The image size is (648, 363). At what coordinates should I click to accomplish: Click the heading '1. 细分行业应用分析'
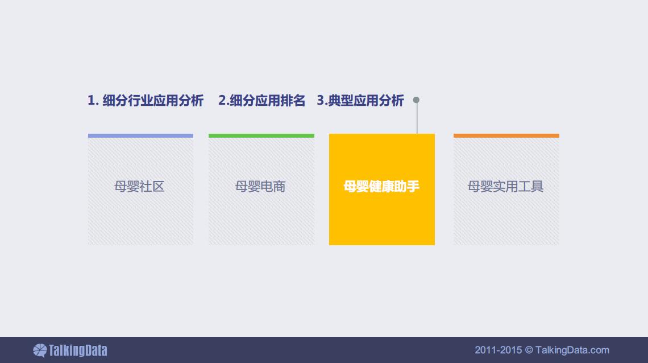[146, 101]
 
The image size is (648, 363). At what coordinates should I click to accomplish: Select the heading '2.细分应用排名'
[261, 101]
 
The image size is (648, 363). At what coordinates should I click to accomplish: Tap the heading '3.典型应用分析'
[360, 101]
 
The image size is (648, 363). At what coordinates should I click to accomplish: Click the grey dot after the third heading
[416, 100]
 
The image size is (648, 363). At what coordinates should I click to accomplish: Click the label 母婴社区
[139, 187]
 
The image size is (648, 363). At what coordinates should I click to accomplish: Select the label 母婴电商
[260, 187]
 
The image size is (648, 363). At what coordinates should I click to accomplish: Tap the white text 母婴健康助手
[381, 187]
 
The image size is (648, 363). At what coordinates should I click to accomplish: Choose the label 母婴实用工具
[505, 187]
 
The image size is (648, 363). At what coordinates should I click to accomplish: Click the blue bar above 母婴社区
[140, 135]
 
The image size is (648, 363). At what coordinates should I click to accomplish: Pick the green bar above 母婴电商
[261, 135]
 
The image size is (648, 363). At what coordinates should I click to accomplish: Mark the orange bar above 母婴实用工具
[506, 135]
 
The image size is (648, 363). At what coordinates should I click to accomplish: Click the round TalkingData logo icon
[40, 350]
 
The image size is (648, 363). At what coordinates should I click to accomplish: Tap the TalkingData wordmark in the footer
[78, 350]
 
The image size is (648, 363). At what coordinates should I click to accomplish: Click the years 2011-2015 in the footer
[498, 350]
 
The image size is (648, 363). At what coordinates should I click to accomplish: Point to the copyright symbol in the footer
[529, 350]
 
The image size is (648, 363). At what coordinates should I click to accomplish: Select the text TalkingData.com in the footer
[572, 350]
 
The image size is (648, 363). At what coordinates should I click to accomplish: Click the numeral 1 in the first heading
[91, 101]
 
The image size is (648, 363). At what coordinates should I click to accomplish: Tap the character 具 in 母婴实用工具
[537, 187]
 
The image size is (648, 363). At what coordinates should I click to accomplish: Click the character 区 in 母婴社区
[158, 187]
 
